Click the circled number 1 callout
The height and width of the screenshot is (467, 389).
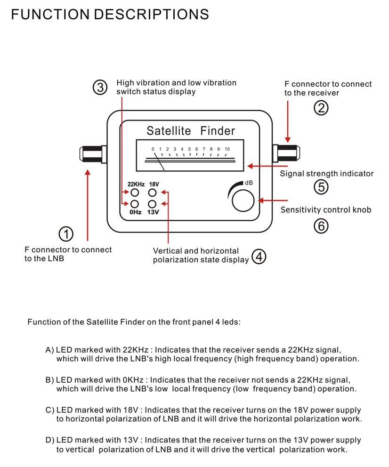pyautogui.click(x=66, y=234)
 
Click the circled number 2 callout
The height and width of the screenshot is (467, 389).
pyautogui.click(x=321, y=108)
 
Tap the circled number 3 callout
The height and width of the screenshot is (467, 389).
pyautogui.click(x=100, y=88)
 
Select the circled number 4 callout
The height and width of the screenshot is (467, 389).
pyautogui.click(x=259, y=257)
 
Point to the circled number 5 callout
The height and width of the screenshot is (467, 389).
pyautogui.click(x=321, y=187)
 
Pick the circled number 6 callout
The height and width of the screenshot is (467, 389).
pyautogui.click(x=321, y=226)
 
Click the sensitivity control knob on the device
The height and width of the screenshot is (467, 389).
pyautogui.click(x=243, y=201)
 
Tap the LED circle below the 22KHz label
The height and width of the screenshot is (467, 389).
pyautogui.click(x=135, y=193)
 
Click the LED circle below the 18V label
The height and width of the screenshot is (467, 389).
pyautogui.click(x=152, y=193)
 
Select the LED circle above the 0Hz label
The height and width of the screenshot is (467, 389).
pyautogui.click(x=135, y=204)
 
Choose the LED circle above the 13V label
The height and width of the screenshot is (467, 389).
pyautogui.click(x=152, y=204)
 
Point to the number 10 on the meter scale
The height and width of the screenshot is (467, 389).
pyautogui.click(x=227, y=149)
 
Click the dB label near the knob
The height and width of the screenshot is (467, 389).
pyautogui.click(x=249, y=183)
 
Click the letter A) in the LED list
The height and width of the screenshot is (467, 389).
pyautogui.click(x=49, y=350)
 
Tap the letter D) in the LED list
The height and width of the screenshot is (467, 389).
pyautogui.click(x=49, y=440)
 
